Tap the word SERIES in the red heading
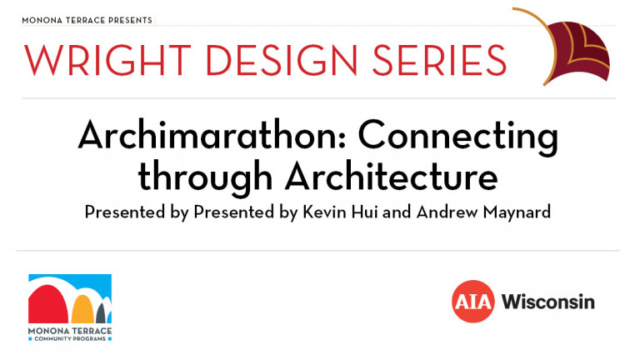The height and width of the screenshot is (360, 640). point(439,60)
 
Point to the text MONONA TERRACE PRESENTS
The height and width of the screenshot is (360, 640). point(87,20)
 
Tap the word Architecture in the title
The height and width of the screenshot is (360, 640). point(391,177)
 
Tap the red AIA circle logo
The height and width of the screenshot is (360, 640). point(473,301)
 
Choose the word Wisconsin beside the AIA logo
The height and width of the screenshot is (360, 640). point(547,302)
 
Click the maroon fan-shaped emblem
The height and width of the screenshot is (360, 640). point(577,51)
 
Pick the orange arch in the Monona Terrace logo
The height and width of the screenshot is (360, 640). point(82,309)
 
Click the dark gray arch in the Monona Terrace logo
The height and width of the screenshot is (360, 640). point(101,314)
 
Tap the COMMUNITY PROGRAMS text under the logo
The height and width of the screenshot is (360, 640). point(70,339)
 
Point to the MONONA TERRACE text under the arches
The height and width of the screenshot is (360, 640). point(70,331)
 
